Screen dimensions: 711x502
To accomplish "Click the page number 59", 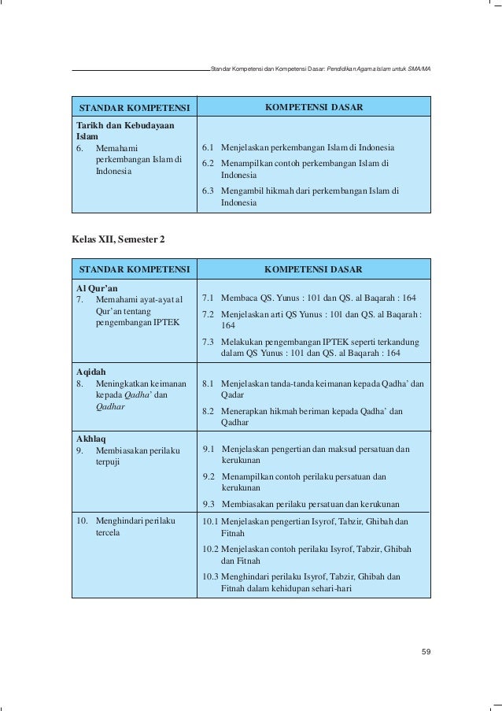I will point(425,651).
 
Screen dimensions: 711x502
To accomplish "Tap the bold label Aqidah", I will point(90,369).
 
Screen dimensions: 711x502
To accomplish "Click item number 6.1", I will point(209,148).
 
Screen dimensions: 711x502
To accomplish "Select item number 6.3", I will point(209,191).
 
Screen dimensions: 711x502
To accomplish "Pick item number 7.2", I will point(209,313).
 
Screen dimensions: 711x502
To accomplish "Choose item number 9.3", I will point(209,504).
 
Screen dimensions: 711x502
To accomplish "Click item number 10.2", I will point(211,549).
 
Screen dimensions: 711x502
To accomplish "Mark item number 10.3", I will point(211,576).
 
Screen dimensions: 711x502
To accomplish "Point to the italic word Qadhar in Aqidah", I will point(111,407).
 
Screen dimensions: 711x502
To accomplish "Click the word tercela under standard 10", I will point(108,533).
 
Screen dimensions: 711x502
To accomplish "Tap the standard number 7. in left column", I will point(80,299).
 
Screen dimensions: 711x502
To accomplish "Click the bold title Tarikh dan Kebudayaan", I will point(124,125).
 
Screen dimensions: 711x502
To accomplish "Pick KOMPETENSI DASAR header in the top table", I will point(313,106).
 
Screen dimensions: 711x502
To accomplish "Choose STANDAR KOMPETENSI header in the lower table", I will point(135,269).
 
